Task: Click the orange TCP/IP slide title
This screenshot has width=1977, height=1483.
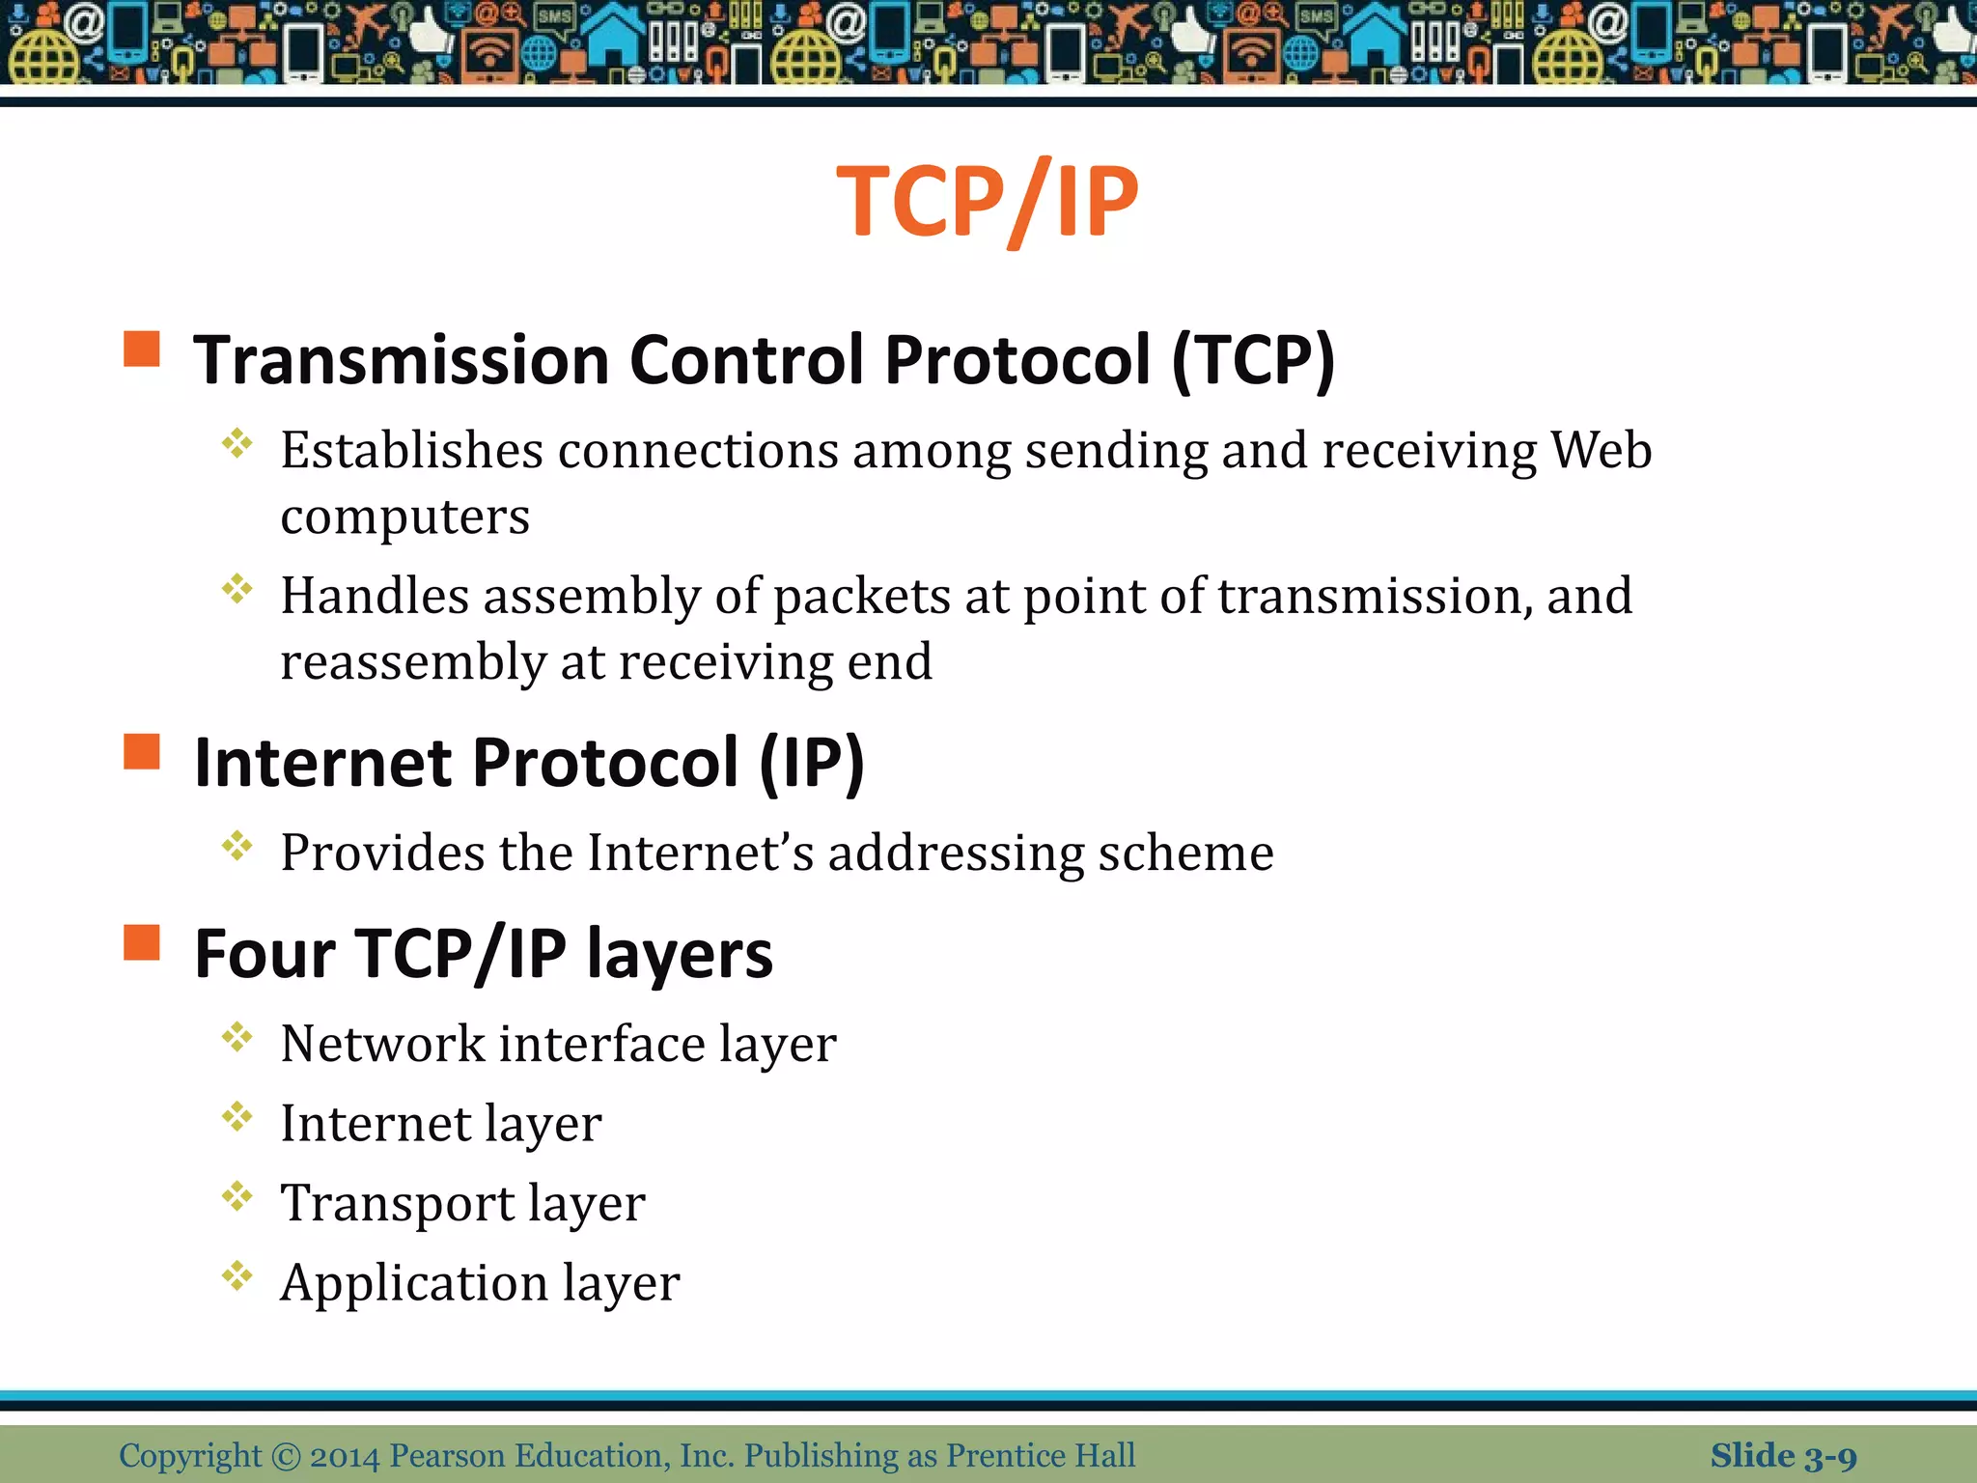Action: tap(987, 202)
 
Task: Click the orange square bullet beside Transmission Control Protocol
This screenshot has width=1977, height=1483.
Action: tap(142, 350)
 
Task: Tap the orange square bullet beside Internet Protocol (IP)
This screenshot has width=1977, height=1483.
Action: tap(142, 752)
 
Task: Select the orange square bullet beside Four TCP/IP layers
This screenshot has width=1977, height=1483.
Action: tap(142, 942)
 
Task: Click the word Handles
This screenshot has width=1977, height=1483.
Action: tap(375, 596)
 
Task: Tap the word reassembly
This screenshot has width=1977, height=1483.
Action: tap(413, 663)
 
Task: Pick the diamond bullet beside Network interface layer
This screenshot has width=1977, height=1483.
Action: tap(237, 1038)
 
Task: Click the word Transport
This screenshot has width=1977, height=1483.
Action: tap(398, 1203)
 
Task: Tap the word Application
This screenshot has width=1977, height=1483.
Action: tap(413, 1284)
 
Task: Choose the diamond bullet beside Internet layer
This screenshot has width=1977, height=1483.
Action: tap(237, 1118)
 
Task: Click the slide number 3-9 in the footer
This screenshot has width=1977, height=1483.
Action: tap(1830, 1456)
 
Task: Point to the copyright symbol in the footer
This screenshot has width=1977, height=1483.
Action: tap(286, 1456)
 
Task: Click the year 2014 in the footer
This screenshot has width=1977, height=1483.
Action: tap(345, 1456)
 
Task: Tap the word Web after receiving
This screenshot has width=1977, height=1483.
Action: tap(1601, 451)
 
